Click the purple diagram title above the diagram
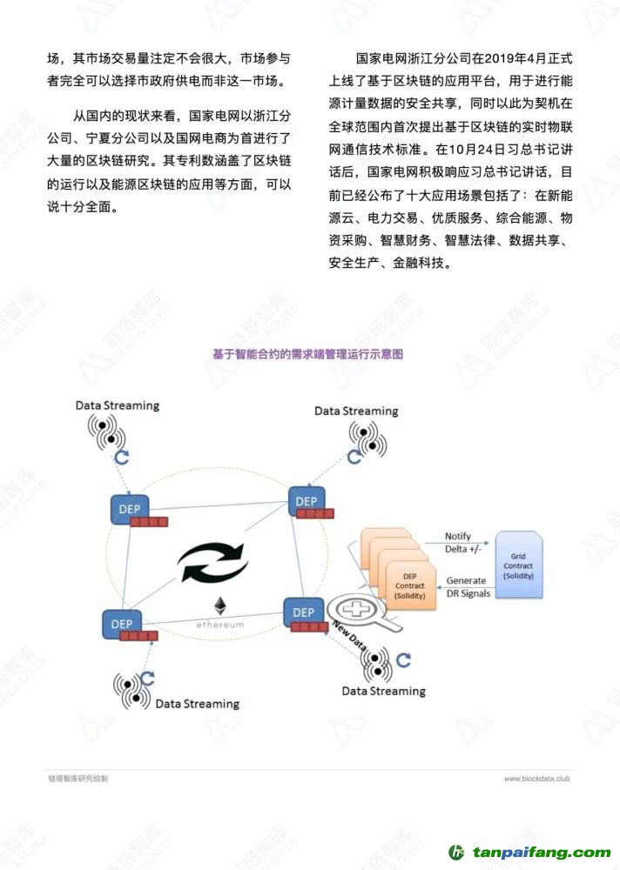click(x=307, y=354)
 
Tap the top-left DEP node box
click(x=130, y=509)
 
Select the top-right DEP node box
click(x=307, y=502)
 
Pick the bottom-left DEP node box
click(x=122, y=624)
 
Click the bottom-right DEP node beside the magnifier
click(x=303, y=612)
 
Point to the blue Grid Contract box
click(x=518, y=565)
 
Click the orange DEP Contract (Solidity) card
click(x=410, y=586)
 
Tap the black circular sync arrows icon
click(x=213, y=562)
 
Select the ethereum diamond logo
click(x=220, y=606)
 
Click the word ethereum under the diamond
click(x=220, y=625)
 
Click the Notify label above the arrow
click(x=458, y=536)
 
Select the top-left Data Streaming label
click(x=118, y=405)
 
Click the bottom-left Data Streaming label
click(x=197, y=704)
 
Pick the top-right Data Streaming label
click(x=356, y=412)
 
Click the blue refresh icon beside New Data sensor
click(x=404, y=659)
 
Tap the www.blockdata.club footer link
click(x=536, y=779)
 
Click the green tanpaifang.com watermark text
click(x=542, y=853)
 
